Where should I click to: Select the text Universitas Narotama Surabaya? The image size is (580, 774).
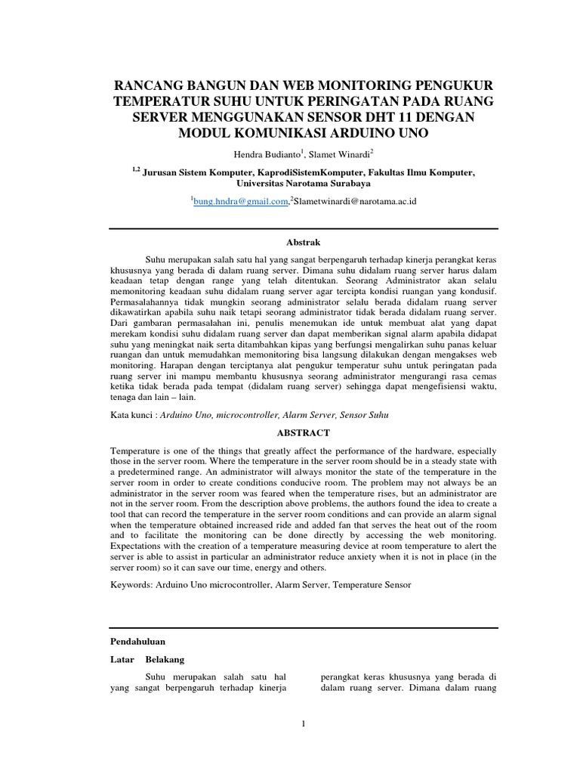point(303,183)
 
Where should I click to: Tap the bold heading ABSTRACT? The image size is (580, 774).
point(303,432)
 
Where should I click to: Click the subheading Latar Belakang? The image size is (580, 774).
point(147,659)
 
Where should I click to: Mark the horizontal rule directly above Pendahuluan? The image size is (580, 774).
point(303,627)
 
